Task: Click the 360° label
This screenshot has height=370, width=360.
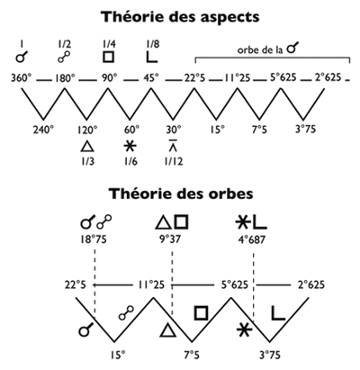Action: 22,78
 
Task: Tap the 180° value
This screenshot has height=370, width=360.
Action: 65,78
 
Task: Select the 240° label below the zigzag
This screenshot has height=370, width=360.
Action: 43,130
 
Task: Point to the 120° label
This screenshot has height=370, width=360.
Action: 87,130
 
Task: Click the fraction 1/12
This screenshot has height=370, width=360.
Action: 174,161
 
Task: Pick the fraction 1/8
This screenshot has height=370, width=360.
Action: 152,44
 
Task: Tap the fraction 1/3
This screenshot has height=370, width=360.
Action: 87,161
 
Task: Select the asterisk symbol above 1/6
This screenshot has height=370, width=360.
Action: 130,146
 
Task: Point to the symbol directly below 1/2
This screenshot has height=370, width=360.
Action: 64,57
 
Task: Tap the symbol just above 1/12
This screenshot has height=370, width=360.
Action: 173,145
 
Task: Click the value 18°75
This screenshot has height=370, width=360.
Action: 94,239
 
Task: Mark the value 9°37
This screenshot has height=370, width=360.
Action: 170,239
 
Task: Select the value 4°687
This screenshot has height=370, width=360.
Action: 251,239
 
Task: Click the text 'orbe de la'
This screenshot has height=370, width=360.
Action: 260,50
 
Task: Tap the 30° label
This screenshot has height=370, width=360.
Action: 174,130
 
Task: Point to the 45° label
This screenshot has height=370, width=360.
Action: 151,78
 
